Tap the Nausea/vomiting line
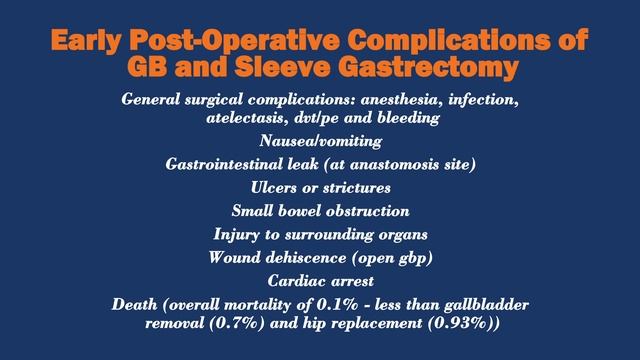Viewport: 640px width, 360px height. point(320,141)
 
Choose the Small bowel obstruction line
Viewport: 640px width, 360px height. point(320,211)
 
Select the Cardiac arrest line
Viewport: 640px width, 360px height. point(320,280)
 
